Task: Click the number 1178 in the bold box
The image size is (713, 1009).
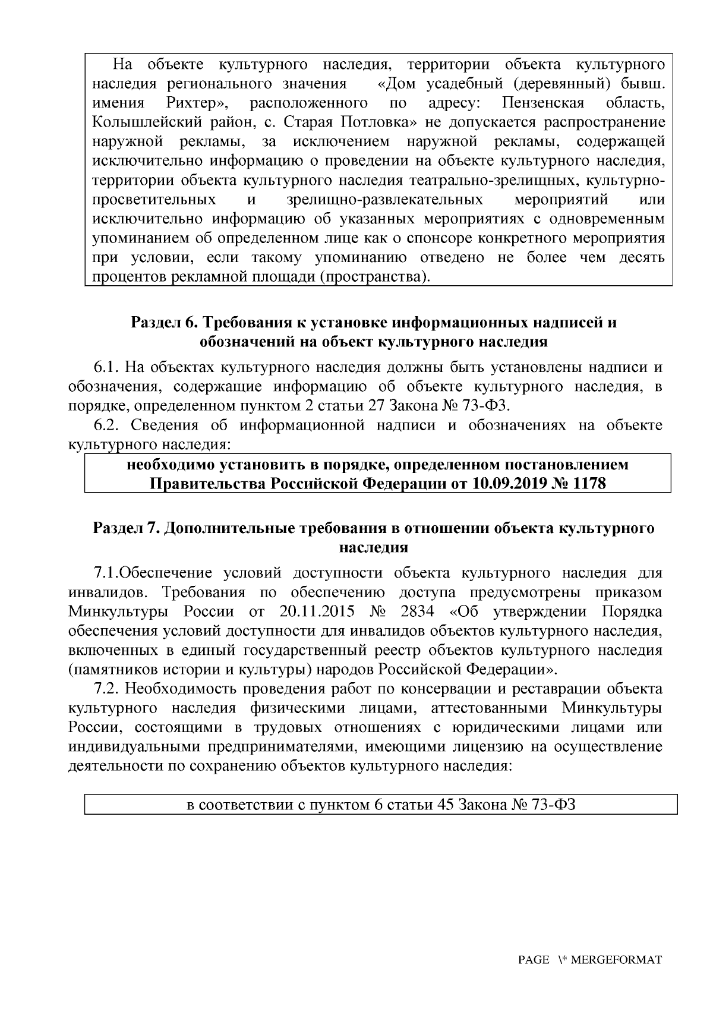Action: click(588, 483)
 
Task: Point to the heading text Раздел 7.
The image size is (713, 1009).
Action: click(125, 528)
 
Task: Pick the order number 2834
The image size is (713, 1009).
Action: click(417, 612)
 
